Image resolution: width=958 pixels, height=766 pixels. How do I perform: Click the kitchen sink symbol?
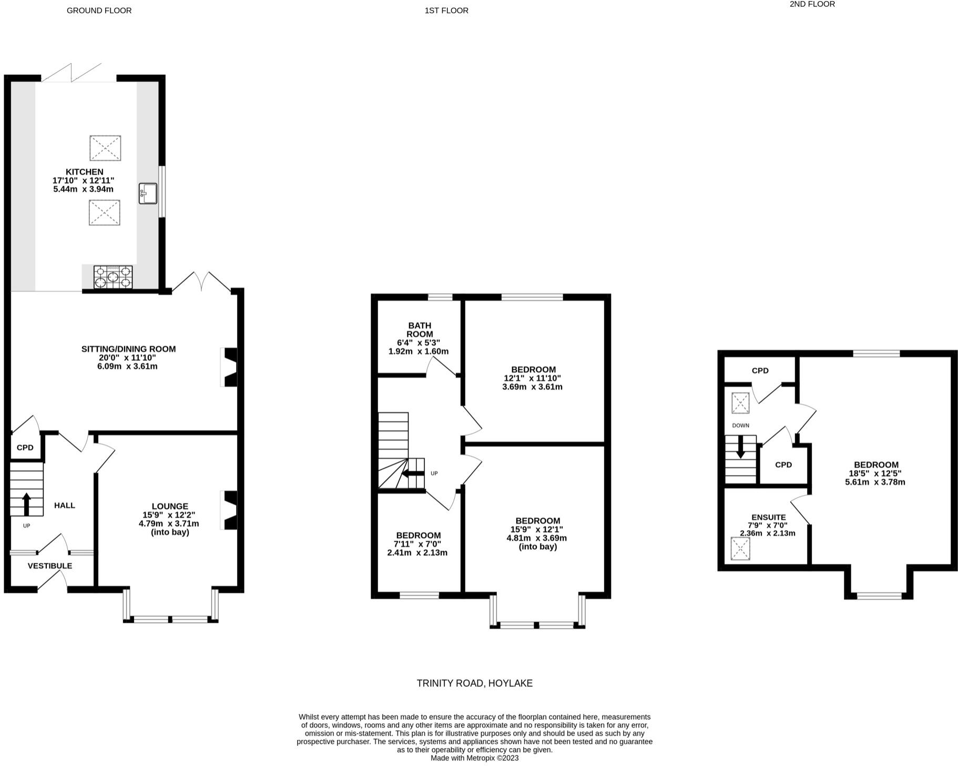click(148, 193)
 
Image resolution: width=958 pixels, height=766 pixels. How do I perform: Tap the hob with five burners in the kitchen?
click(113, 277)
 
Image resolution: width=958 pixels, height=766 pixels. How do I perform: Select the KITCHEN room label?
click(84, 172)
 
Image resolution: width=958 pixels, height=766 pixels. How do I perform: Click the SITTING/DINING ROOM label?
click(128, 349)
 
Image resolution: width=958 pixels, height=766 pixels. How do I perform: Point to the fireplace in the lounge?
click(230, 510)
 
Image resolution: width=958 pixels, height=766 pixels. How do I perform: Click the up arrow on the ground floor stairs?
click(26, 503)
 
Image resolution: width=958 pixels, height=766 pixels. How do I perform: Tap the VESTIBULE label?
click(50, 566)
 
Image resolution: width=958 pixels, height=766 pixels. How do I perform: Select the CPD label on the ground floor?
click(25, 448)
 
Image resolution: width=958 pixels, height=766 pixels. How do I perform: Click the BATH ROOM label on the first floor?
click(419, 330)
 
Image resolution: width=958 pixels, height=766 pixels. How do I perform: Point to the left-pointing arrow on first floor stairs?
click(413, 473)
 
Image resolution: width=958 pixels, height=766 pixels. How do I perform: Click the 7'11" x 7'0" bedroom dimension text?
click(417, 544)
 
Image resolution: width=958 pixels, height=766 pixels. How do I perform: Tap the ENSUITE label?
click(768, 517)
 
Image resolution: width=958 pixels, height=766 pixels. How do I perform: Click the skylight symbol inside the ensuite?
click(740, 548)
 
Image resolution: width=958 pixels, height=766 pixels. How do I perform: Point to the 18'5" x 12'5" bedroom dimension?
click(875, 473)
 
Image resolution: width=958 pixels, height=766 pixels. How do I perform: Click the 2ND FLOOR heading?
click(812, 4)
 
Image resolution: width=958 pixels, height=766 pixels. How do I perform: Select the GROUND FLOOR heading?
click(99, 11)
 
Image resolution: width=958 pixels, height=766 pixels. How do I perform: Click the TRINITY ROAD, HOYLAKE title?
click(474, 683)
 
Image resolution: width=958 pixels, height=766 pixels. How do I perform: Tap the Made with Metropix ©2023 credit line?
click(474, 758)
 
